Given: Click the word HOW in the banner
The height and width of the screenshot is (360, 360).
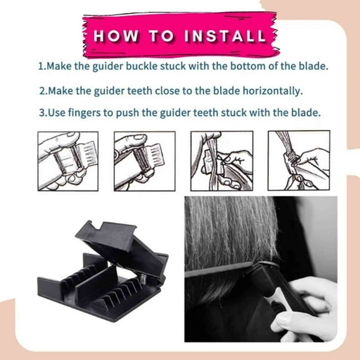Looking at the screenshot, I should (x=117, y=36).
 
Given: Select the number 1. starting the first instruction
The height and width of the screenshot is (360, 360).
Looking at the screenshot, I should (x=41, y=65).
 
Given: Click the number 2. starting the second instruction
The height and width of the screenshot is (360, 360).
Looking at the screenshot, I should (x=42, y=91).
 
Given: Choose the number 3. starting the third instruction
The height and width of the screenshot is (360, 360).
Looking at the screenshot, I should (x=42, y=113).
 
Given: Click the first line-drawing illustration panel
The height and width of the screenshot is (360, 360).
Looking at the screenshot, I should (x=67, y=161).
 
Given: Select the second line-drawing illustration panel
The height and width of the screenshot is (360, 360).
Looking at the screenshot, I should (x=144, y=161).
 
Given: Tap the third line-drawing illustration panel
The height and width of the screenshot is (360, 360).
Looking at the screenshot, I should (x=221, y=161).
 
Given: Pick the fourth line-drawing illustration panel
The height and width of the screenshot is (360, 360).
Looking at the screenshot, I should (x=298, y=161).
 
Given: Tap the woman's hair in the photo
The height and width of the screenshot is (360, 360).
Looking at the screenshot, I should (x=225, y=237).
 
